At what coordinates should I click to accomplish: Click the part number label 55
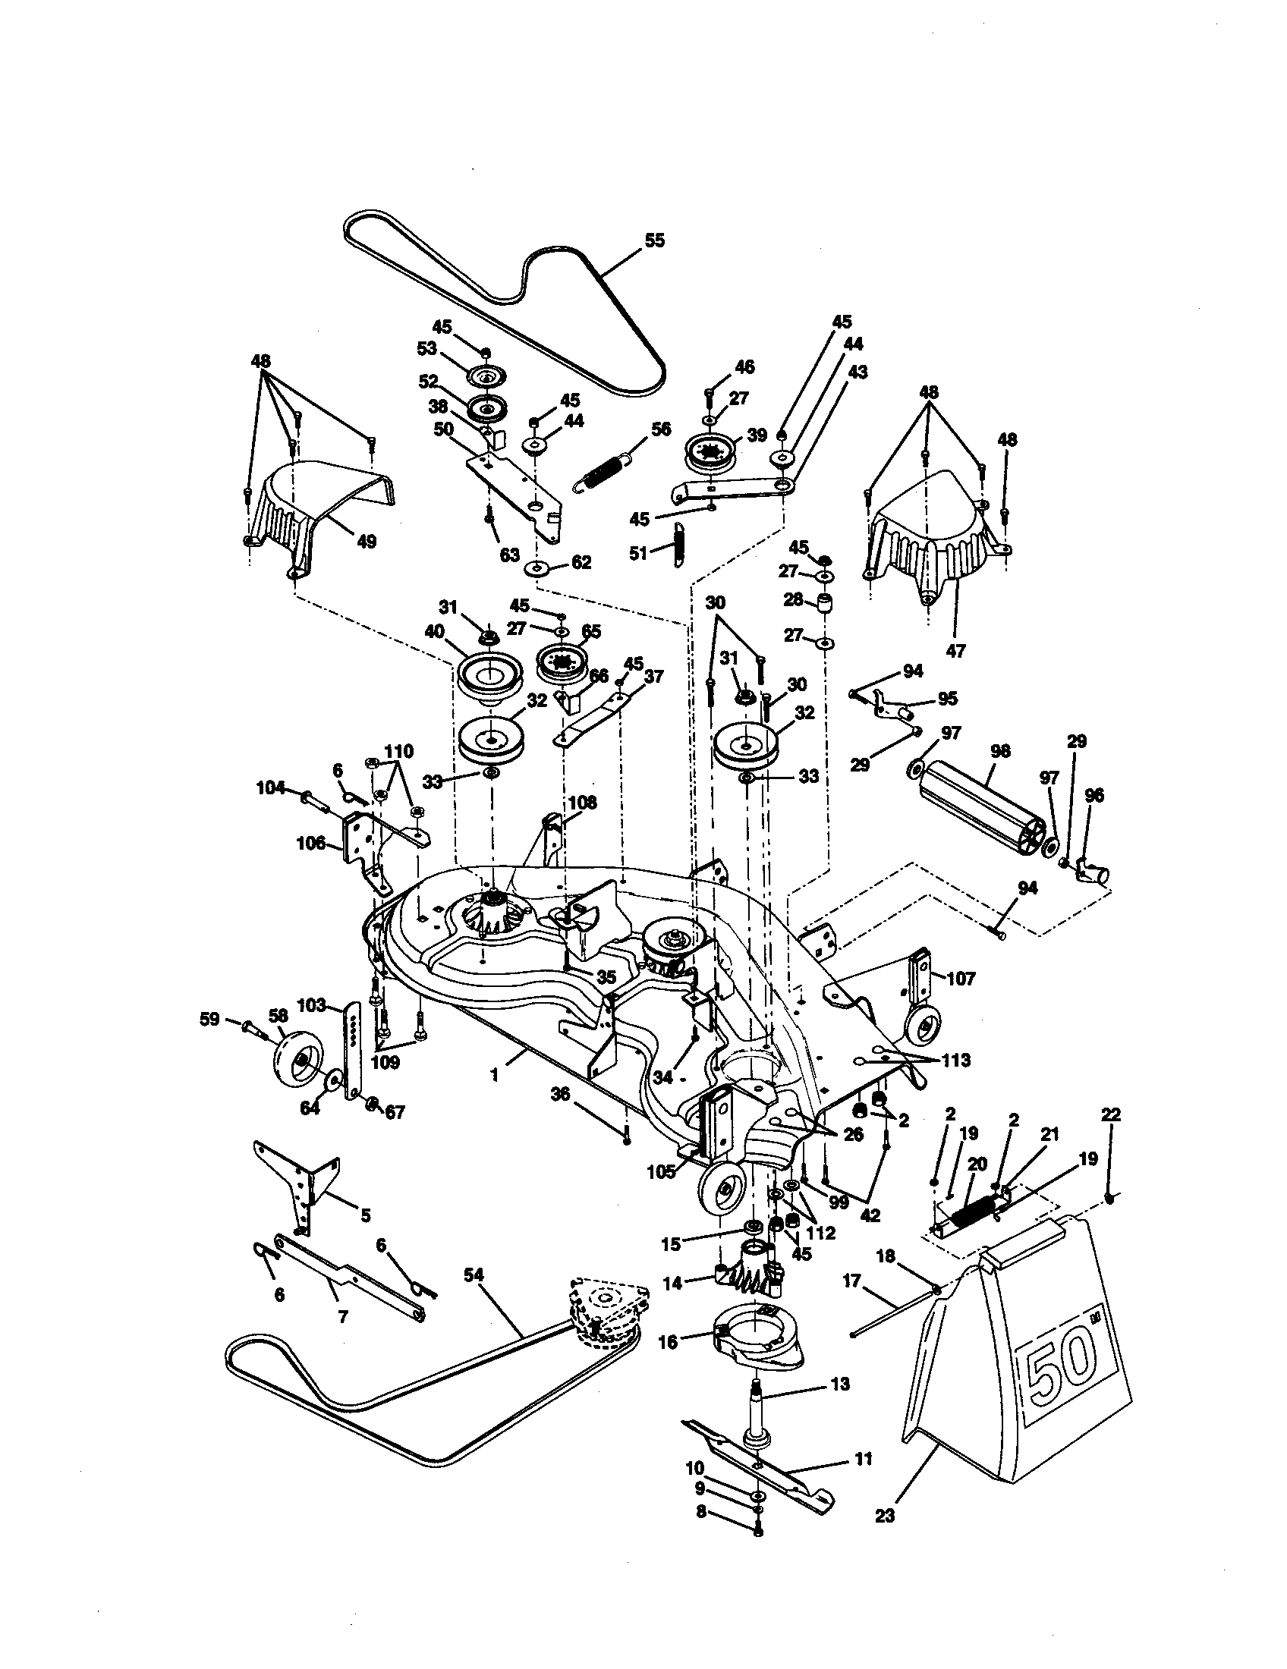(654, 240)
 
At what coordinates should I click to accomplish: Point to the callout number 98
(999, 751)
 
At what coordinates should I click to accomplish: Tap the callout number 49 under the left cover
(367, 542)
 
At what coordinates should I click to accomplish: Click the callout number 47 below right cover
(955, 650)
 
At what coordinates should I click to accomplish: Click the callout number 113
(955, 1061)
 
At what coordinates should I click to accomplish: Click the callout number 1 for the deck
(495, 1075)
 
